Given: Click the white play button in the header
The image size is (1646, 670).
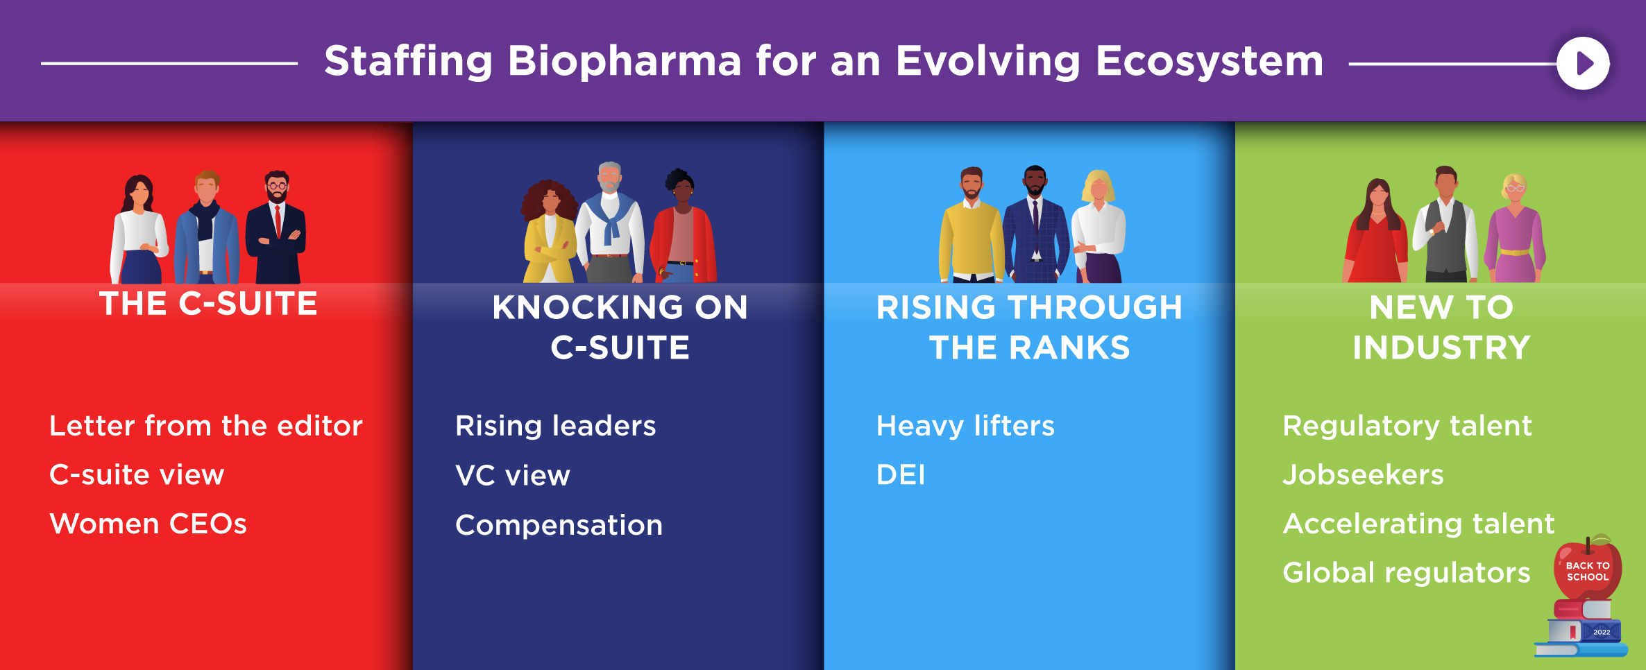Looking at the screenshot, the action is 1583,63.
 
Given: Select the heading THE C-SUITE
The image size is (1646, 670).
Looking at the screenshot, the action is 208,304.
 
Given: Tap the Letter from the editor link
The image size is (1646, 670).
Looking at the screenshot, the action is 206,425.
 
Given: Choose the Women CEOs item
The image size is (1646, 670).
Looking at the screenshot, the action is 149,524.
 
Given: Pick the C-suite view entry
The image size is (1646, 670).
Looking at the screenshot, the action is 137,474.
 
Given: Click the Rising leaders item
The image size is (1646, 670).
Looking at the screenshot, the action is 555,425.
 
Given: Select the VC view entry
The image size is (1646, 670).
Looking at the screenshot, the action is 513,476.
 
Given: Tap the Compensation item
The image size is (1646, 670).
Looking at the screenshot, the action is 559,525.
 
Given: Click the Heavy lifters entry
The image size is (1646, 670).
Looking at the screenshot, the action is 965,426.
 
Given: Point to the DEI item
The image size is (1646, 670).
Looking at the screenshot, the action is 901,475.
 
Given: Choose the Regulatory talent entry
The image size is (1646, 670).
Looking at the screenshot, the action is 1407,426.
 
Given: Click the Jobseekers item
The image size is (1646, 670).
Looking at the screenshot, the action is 1363,474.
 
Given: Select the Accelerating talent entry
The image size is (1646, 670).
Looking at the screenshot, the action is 1418,524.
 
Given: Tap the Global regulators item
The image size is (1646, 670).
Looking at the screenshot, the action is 1407,573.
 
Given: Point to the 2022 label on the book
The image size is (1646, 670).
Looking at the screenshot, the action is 1602,632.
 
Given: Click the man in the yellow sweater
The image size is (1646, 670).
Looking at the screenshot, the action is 971,225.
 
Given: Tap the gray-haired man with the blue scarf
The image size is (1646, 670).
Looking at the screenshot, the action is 609,222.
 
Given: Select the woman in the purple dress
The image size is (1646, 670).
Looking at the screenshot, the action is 1515,229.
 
